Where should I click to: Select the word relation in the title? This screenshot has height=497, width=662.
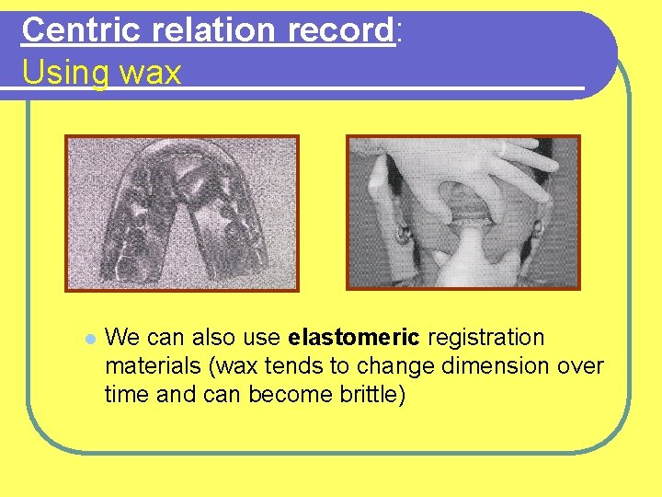(x=201, y=30)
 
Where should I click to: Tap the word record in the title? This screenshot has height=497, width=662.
(x=340, y=30)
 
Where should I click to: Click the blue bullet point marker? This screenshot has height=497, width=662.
(x=89, y=339)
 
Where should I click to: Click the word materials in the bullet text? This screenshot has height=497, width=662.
(x=153, y=366)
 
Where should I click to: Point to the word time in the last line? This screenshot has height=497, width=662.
(x=125, y=395)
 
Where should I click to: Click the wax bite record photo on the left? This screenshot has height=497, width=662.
(x=181, y=213)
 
